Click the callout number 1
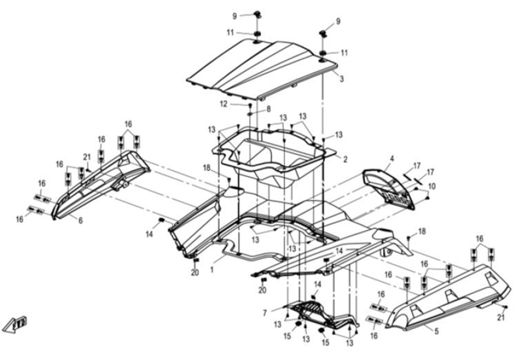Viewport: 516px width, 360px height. (211, 270)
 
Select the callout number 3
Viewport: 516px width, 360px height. (341, 79)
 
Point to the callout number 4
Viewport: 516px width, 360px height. (391, 158)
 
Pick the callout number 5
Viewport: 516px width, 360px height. (436, 330)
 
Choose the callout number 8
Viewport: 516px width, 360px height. (269, 109)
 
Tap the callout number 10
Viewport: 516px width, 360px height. (432, 187)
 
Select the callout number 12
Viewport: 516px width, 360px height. (223, 104)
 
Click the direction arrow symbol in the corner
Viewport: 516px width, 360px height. (17, 323)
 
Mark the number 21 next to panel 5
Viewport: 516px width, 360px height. (501, 317)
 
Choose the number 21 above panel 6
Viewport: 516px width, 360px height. (86, 157)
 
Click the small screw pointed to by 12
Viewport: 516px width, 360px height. (250, 104)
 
